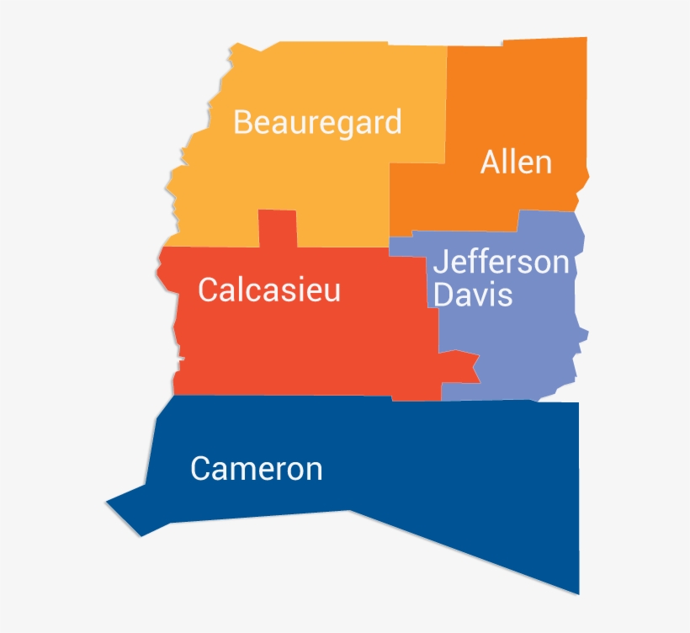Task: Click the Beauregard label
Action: (317, 123)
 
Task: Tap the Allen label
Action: (516, 162)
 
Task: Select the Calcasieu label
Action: (269, 290)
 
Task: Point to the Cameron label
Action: (257, 469)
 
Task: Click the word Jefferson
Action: (502, 263)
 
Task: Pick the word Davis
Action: (473, 295)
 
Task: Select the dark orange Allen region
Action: (505, 101)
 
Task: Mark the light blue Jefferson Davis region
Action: (513, 345)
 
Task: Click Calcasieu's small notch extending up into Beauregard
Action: (278, 227)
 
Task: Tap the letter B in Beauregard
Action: (242, 123)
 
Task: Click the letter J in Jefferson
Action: (440, 263)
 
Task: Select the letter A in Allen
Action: (491, 162)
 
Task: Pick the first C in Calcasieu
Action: (208, 290)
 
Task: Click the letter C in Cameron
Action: (200, 469)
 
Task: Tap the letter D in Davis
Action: (443, 295)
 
